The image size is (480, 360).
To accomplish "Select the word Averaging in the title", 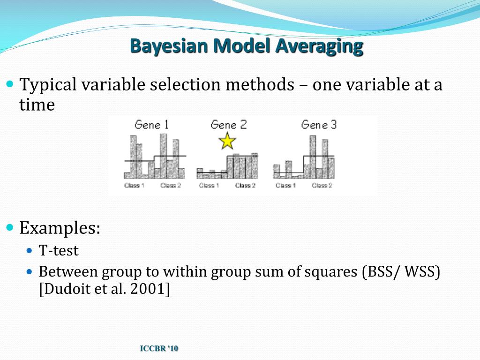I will coord(319,46).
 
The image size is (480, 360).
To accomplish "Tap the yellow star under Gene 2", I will coord(227,141).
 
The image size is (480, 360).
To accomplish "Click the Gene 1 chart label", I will coord(151,125).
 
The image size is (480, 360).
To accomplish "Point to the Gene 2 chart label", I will coord(228,125).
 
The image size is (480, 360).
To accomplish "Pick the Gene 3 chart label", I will coord(319,125).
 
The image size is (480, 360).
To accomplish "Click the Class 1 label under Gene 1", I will coord(134,186).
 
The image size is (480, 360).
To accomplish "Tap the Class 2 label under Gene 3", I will coord(322,186).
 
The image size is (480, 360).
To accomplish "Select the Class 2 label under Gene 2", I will coord(245,186).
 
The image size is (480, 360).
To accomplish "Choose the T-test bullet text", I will coord(59,251).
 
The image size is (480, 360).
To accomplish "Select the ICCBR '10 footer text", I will coord(159,348).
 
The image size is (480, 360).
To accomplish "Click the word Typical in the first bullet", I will coord(48,85).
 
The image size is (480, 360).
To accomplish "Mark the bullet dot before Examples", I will coord(10,228).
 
